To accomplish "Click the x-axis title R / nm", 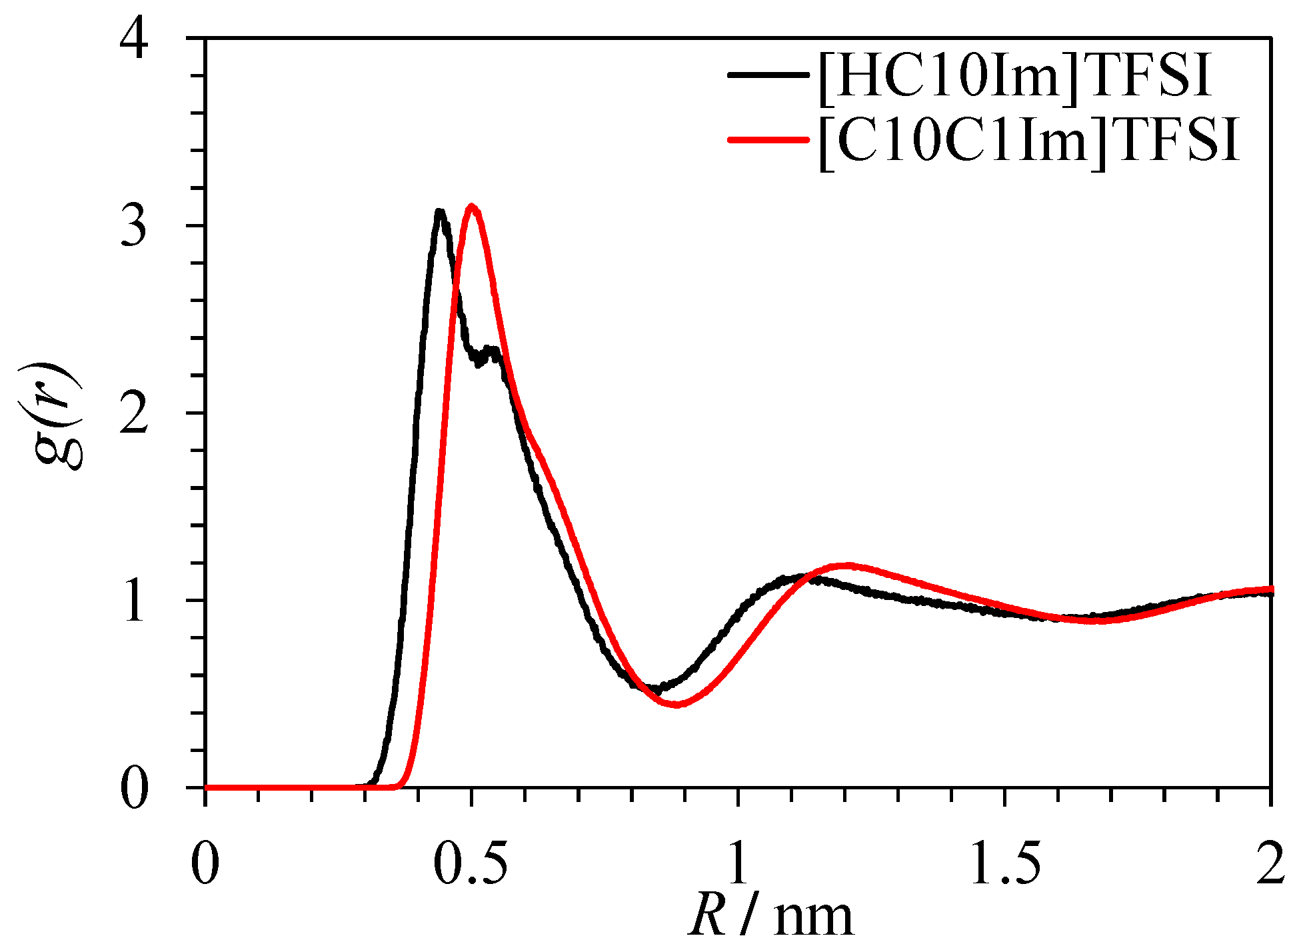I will (770, 917).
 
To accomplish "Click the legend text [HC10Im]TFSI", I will (1013, 75).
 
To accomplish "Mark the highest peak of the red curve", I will (472, 206).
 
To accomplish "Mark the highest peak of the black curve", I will (439, 212).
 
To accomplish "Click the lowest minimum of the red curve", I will (676, 704).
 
